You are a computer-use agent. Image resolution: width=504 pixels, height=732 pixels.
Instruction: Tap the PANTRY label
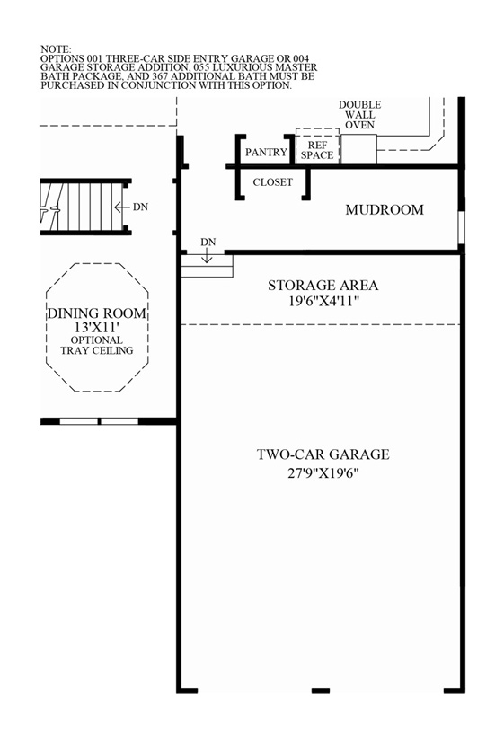(266, 153)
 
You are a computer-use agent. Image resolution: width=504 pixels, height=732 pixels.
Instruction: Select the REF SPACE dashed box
(316, 149)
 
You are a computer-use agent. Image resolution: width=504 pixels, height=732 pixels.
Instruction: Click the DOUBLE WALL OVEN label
(358, 115)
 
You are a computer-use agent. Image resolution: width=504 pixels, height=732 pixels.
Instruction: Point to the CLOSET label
(273, 181)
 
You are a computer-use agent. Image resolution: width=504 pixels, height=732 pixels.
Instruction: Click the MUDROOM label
(384, 210)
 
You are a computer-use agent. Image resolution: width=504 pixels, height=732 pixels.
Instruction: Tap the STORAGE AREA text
(323, 286)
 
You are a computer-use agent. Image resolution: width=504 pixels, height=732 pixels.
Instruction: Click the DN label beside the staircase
(140, 207)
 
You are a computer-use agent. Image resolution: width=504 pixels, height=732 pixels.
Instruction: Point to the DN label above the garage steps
(208, 242)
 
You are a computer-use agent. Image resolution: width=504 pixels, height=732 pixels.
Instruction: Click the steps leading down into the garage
(208, 267)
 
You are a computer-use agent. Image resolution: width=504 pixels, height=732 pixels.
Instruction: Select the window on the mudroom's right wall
(461, 227)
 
